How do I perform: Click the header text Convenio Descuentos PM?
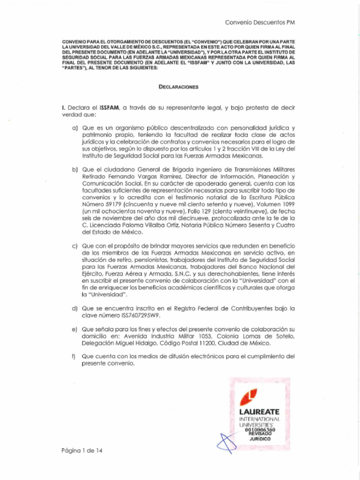[x=260, y=22]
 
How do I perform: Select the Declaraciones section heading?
[x=178, y=87]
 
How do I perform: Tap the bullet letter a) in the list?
[x=75, y=127]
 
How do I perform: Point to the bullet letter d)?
[x=75, y=308]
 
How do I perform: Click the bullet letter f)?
[x=74, y=356]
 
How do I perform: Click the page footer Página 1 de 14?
[x=82, y=451]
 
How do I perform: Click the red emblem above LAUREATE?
[x=248, y=397]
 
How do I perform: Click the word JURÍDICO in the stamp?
[x=260, y=439]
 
